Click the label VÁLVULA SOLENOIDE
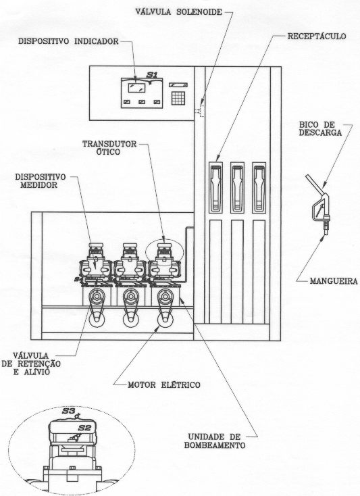point(178,11)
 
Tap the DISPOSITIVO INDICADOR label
point(68,41)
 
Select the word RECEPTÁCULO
point(316,36)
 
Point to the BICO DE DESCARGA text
point(321,128)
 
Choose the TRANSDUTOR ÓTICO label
point(109,148)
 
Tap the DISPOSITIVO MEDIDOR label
point(40,180)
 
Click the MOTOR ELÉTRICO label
point(163,385)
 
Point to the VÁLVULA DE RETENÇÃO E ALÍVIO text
point(31,364)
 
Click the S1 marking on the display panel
point(152,75)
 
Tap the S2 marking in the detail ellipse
point(84,428)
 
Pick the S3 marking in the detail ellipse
point(68,412)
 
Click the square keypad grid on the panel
point(178,98)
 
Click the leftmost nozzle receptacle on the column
point(215,187)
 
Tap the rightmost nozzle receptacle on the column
point(259,187)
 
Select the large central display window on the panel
point(136,87)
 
